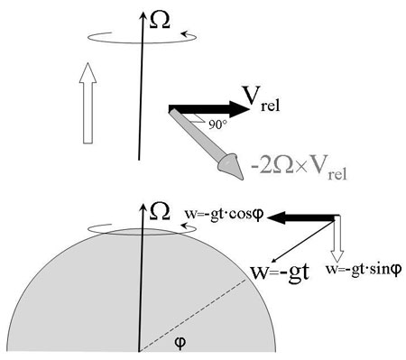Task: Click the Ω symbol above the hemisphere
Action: tap(160, 211)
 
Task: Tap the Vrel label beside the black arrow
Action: tap(263, 96)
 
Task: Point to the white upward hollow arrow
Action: tap(88, 106)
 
